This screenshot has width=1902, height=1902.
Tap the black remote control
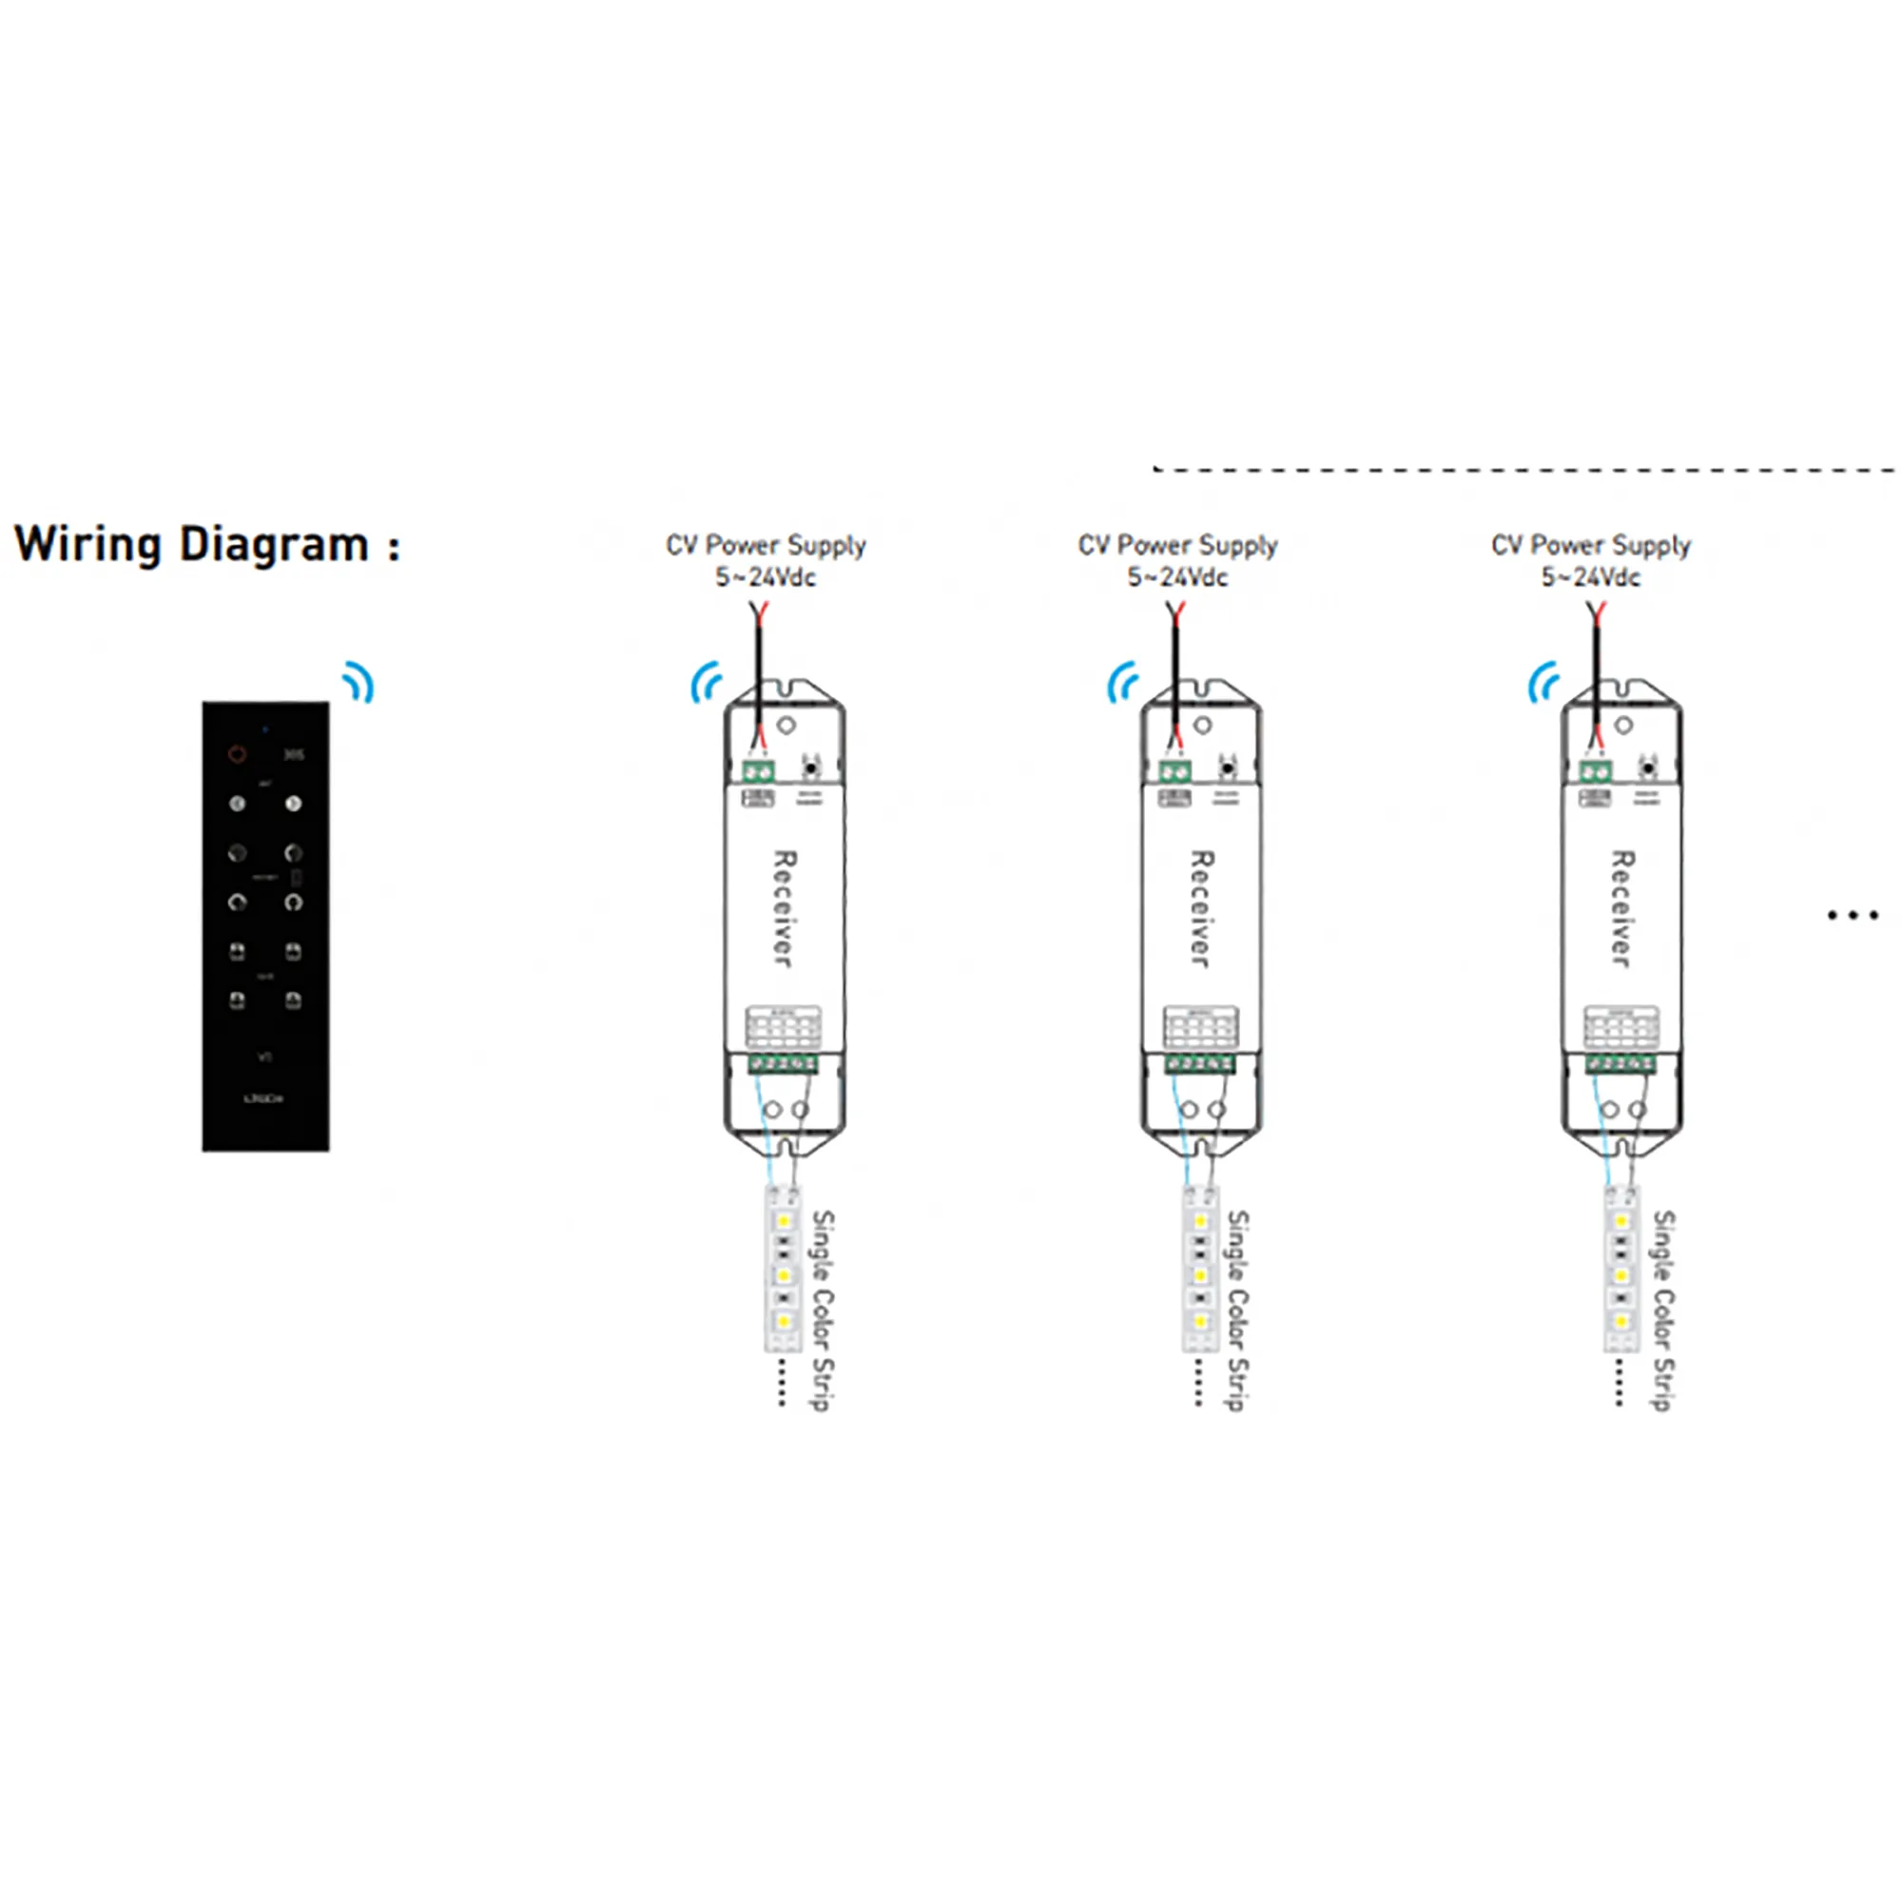[266, 925]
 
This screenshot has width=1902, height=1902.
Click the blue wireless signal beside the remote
[359, 682]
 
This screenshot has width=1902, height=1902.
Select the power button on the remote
[237, 754]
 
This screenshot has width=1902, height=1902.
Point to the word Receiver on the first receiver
[784, 908]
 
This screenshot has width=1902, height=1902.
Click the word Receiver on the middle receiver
[1201, 908]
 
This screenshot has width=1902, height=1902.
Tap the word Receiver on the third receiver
[1621, 908]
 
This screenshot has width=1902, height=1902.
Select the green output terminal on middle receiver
[1201, 1063]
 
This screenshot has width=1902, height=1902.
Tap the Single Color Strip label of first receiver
[822, 1310]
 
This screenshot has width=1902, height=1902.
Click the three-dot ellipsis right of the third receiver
[1853, 916]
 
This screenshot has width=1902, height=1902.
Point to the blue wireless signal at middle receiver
[1123, 682]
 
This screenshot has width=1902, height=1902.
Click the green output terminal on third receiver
[1621, 1063]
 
